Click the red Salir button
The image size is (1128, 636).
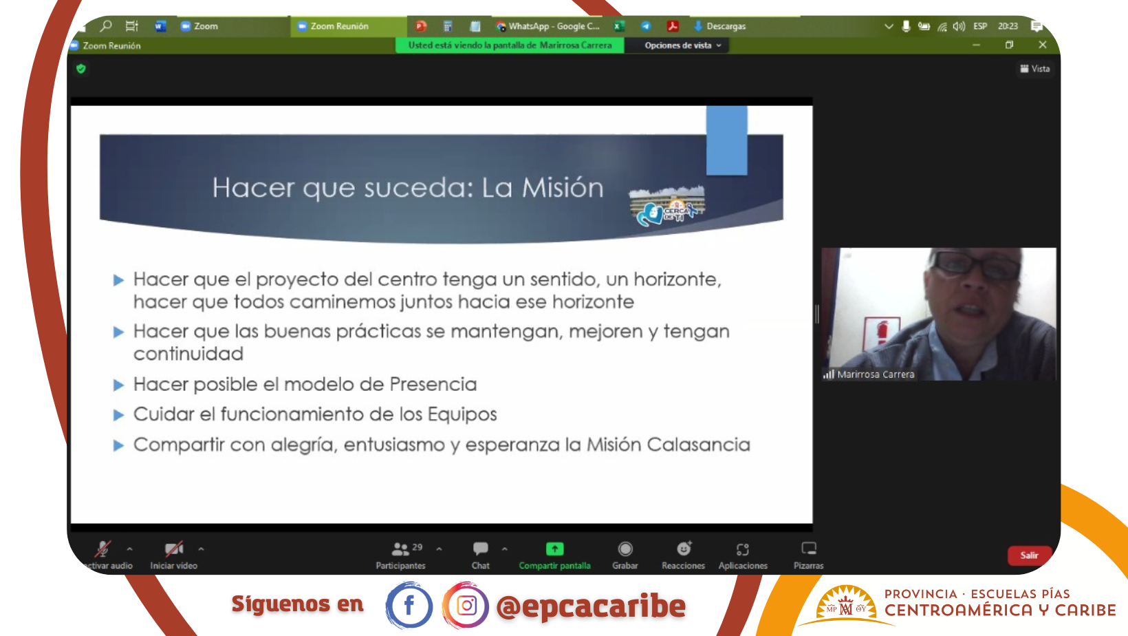pos(1029,555)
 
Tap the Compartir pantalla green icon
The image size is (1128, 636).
pos(554,549)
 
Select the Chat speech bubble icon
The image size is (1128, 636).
pos(480,549)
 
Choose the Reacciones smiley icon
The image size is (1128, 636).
pos(684,549)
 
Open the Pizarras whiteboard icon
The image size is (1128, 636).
pos(809,549)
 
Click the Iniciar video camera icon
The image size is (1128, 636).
pos(174,549)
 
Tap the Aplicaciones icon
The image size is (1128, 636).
pos(743,549)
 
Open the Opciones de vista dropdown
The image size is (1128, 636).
pos(683,45)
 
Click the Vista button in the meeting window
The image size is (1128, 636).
pos(1035,69)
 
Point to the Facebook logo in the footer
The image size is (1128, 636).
pos(409,605)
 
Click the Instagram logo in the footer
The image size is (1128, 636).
pos(466,605)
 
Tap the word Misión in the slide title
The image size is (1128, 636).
pos(563,187)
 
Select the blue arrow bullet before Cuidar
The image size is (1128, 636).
pos(118,415)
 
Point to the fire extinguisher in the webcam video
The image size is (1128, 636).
pos(881,332)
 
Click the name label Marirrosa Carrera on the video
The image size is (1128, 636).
pos(876,374)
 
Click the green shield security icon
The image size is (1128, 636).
pos(81,69)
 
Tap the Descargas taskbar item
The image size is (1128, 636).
pos(719,26)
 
